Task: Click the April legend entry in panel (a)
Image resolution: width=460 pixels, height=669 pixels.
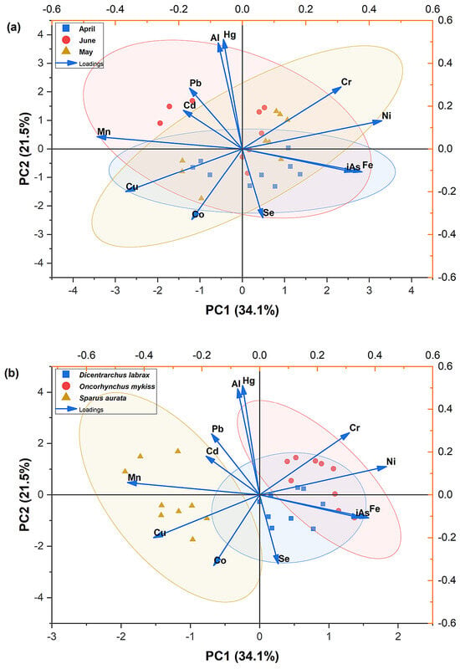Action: [79, 28]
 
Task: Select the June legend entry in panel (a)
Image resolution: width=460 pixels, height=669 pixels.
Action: [79, 40]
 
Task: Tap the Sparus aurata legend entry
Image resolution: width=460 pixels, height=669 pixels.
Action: [95, 398]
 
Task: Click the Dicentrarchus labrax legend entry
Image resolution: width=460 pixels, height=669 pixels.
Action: [106, 375]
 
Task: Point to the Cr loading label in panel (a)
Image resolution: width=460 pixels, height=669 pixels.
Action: [346, 81]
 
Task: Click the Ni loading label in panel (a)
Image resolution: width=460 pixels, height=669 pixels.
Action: [386, 115]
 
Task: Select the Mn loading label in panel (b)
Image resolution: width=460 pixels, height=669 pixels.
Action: [135, 477]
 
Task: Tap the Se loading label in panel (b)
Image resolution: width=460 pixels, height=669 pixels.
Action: [284, 559]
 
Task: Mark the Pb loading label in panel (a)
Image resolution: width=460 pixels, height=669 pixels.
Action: [196, 83]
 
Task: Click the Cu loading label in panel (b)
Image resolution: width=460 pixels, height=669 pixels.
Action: [160, 533]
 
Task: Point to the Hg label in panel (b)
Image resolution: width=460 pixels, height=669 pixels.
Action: [248, 381]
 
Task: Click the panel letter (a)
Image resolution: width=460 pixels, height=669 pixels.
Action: [13, 28]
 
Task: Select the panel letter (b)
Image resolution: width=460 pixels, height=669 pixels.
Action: [13, 373]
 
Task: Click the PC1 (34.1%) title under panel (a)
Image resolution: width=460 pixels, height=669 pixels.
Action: [242, 309]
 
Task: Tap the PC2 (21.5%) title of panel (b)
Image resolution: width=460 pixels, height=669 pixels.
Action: [24, 494]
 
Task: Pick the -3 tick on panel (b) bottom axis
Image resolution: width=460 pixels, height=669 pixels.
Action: [52, 636]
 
